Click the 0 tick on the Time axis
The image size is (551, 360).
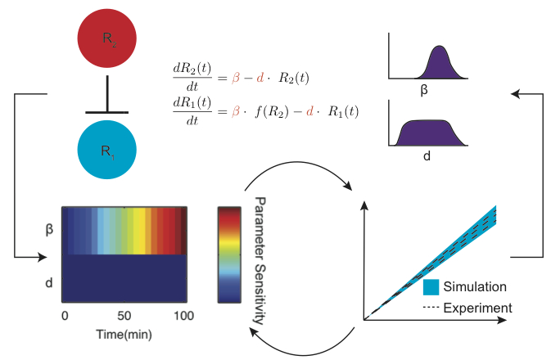65,315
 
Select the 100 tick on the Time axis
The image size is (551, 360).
183,315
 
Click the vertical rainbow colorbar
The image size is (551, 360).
228,255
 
